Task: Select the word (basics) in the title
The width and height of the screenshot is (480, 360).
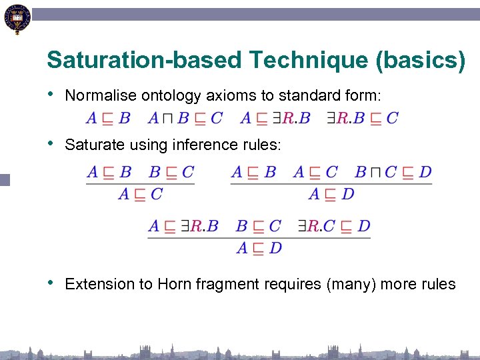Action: coord(421,60)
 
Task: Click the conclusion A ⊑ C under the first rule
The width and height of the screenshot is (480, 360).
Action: coord(140,195)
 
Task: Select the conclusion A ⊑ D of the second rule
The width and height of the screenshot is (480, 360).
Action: coord(331,195)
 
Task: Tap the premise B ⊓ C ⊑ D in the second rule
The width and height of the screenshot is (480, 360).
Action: coord(393,172)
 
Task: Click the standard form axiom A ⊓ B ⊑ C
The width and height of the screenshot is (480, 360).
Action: coord(185,119)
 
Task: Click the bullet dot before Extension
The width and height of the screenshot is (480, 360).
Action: coord(52,283)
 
